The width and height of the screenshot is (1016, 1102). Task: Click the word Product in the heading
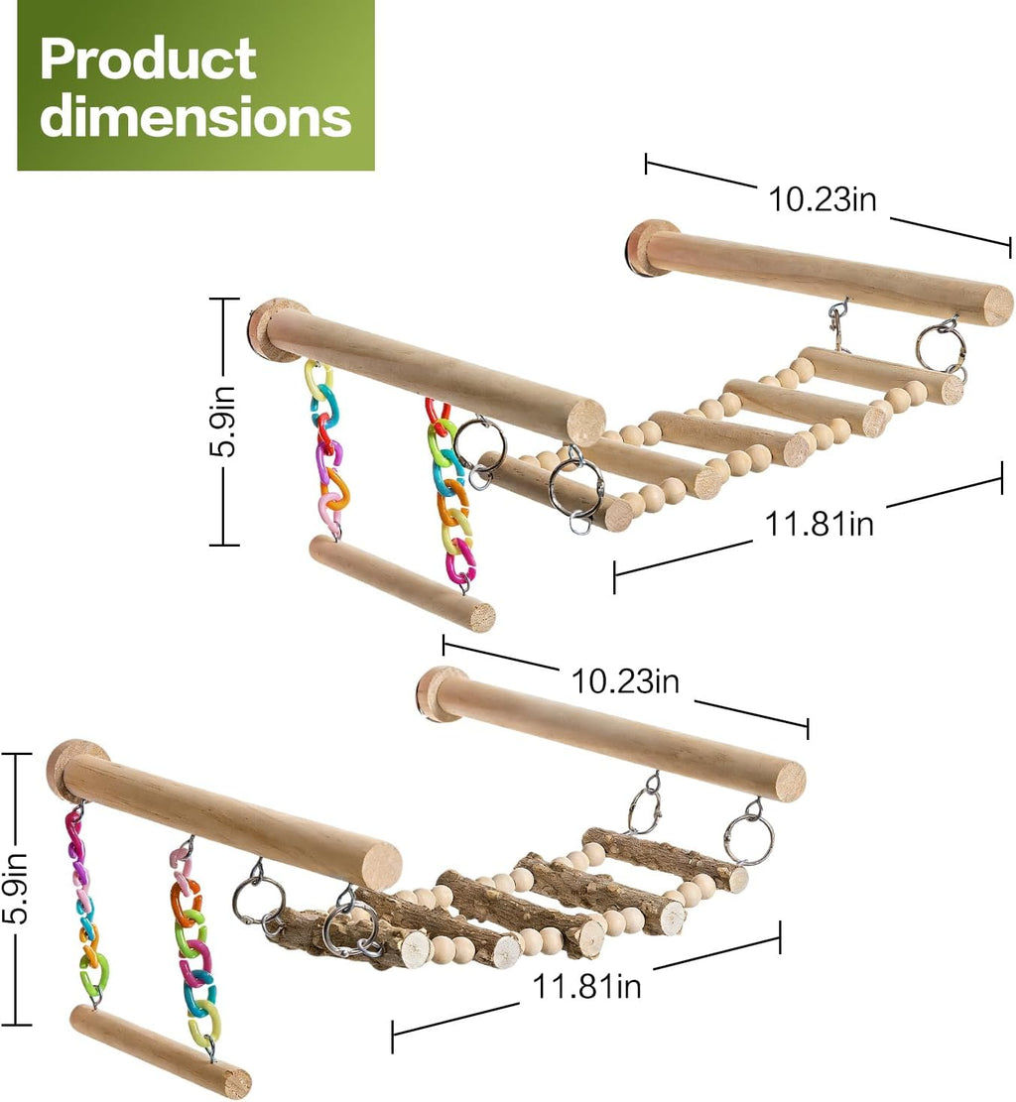point(148,60)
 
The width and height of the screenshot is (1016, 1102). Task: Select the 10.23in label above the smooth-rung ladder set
point(823,199)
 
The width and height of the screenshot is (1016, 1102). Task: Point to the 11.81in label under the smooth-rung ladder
point(820,524)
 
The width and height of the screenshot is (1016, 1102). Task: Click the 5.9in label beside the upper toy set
point(223,421)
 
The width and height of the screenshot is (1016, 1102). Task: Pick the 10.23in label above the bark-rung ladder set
point(625,681)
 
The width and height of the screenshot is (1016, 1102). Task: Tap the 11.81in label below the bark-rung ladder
point(587,986)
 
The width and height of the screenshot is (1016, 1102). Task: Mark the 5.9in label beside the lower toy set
point(16,888)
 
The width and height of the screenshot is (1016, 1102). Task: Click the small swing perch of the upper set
point(402,584)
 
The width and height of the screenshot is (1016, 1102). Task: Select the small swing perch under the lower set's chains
point(161,1051)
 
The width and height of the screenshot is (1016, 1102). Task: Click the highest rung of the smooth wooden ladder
point(882,376)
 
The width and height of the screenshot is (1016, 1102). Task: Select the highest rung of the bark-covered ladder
point(665,860)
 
